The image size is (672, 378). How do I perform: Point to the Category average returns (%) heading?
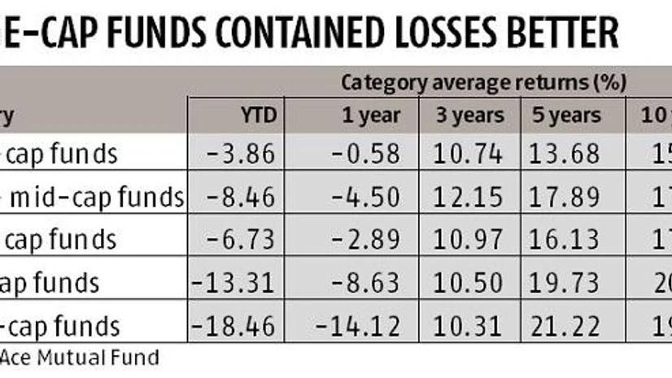pyautogui.click(x=482, y=82)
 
